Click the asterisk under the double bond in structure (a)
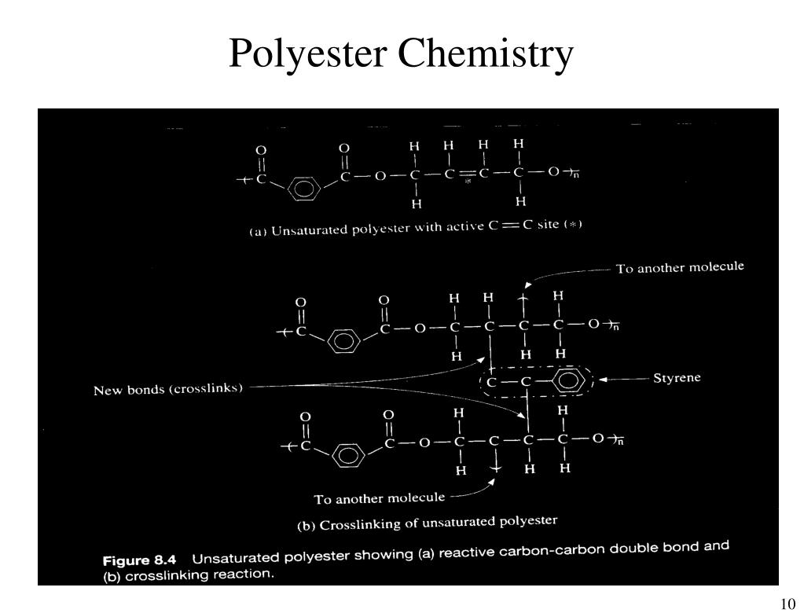click(x=468, y=181)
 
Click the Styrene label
click(x=677, y=378)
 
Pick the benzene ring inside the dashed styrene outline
click(x=568, y=383)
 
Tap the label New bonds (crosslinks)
click(x=168, y=388)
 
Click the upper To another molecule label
click(x=679, y=267)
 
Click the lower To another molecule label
click(x=379, y=498)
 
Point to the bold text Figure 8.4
click(x=140, y=560)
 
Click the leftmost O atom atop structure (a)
click(x=261, y=149)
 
